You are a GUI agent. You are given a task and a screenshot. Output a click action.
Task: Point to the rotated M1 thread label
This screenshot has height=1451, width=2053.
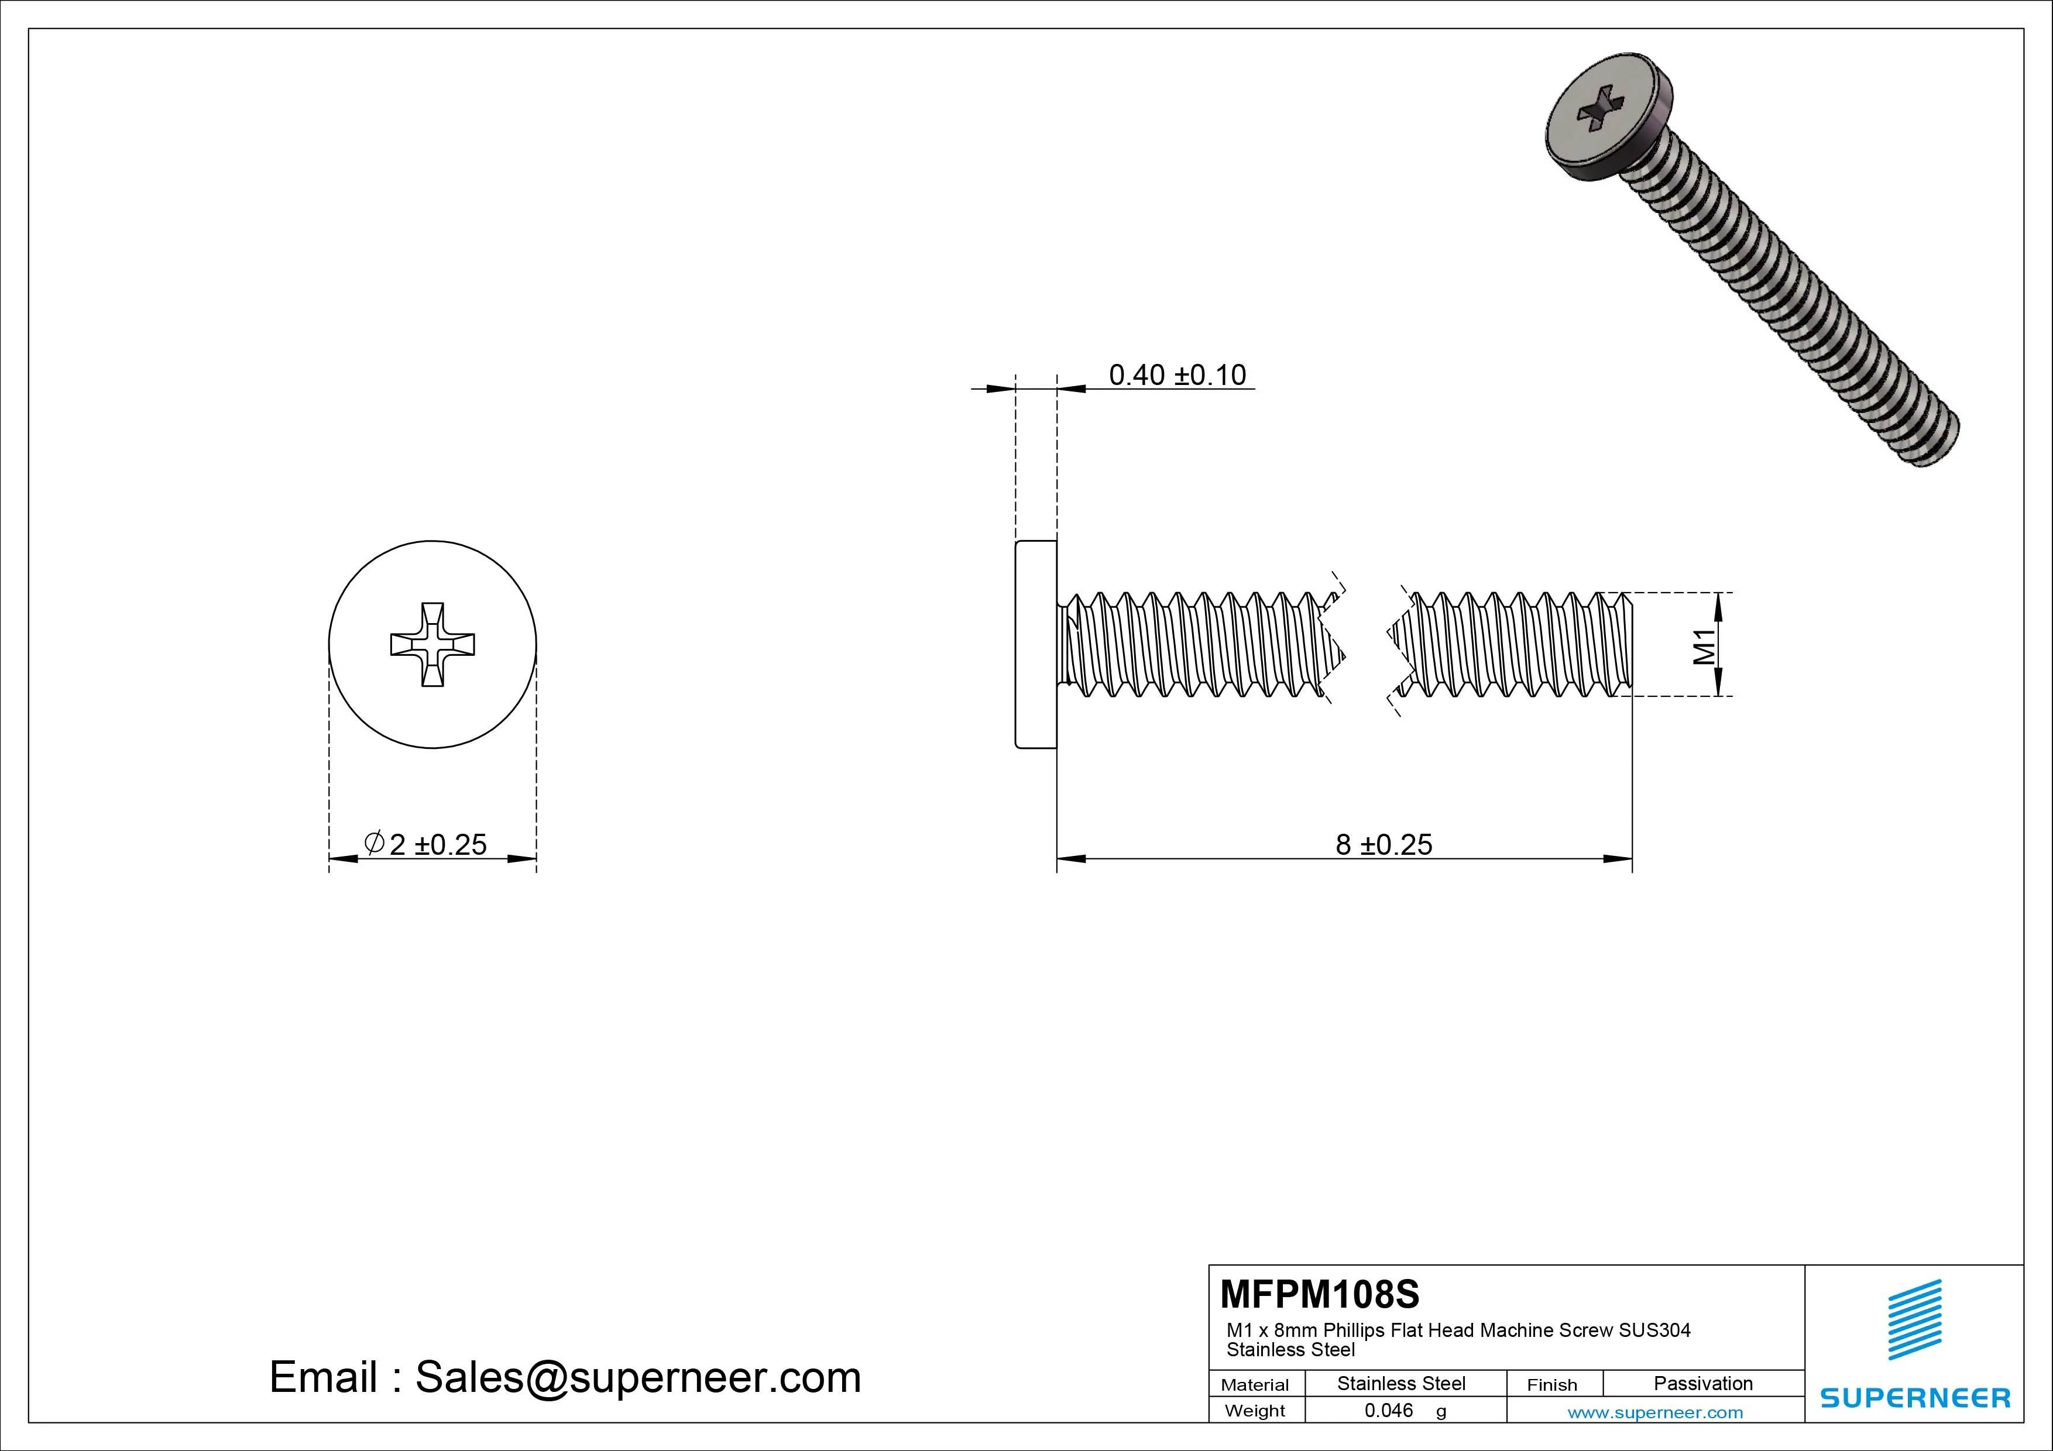pos(1704,645)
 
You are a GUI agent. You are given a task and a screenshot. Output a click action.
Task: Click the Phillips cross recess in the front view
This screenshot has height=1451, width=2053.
pos(432,644)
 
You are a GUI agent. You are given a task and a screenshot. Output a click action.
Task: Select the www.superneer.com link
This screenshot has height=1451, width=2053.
pos(1655,1412)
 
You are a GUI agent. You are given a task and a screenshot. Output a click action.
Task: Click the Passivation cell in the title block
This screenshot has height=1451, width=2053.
pos(1702,1383)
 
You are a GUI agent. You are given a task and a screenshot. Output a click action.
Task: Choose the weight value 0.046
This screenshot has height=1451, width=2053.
pos(1389,1410)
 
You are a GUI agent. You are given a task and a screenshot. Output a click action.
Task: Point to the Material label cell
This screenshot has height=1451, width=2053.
pos(1255,1385)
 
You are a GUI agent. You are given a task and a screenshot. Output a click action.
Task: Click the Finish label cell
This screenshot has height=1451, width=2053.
pos(1551,1385)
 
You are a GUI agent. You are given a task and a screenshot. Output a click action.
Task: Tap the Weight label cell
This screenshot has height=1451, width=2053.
pos(1255,1411)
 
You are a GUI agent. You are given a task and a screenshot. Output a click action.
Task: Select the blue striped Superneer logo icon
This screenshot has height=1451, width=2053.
pos(1914,1319)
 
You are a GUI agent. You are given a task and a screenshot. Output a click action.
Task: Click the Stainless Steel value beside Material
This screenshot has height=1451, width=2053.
pos(1401,1383)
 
